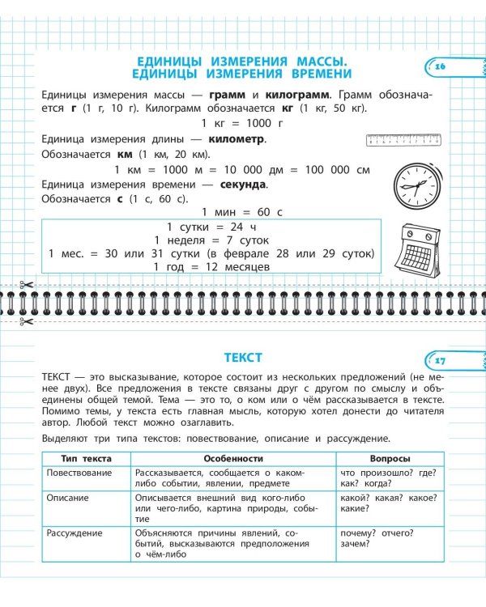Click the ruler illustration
point(403,139)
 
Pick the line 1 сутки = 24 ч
point(211,227)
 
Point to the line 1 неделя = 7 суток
point(211,240)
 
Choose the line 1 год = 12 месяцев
point(211,267)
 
